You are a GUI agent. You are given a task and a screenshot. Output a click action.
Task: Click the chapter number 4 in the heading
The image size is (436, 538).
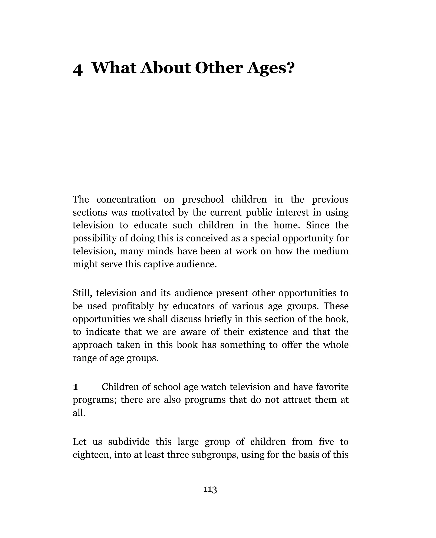click(78, 70)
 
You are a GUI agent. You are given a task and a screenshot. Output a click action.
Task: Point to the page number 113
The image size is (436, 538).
click(210, 489)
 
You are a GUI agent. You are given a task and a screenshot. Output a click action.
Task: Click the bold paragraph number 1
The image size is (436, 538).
click(75, 387)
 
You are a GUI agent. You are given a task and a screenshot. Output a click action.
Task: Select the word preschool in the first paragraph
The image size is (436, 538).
click(203, 200)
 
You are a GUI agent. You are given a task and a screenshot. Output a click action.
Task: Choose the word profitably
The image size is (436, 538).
click(132, 306)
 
